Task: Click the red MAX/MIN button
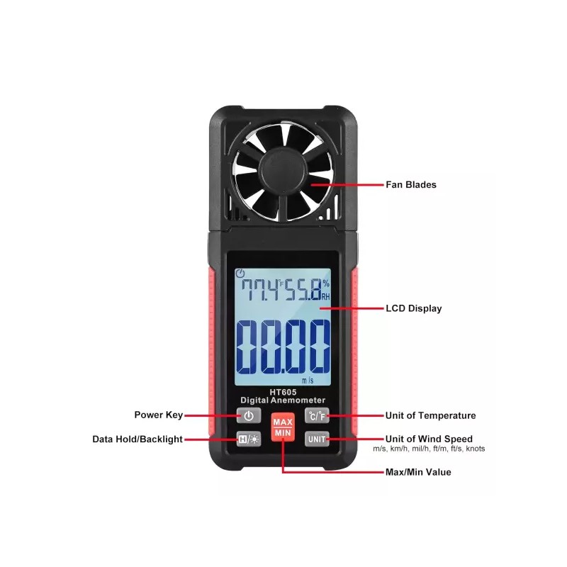pos(283,427)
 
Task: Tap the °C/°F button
pos(317,416)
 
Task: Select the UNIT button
pos(317,439)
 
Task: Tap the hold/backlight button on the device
pos(249,439)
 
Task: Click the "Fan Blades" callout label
pos(411,185)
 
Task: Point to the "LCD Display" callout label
pos(414,308)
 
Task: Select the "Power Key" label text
pos(158,415)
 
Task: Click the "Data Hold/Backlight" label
pos(137,439)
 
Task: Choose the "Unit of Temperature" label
pos(430,415)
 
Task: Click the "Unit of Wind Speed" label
pos(429,439)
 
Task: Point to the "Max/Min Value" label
pos(418,472)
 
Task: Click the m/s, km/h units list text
pos(429,449)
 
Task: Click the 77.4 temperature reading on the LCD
pos(260,290)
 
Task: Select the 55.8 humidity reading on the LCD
pos(303,290)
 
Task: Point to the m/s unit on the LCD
pos(308,381)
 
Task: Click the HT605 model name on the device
pos(283,392)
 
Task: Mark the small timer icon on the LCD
pos(240,274)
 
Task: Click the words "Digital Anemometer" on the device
pos(283,400)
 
